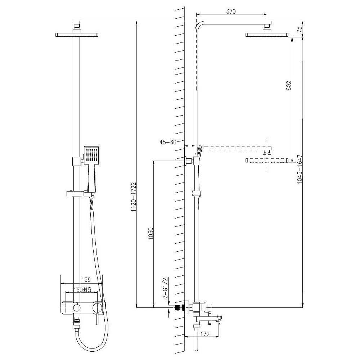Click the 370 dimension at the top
(230, 12)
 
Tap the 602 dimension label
(288, 86)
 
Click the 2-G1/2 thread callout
(165, 288)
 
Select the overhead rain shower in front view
(77, 35)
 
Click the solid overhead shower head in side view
(267, 35)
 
